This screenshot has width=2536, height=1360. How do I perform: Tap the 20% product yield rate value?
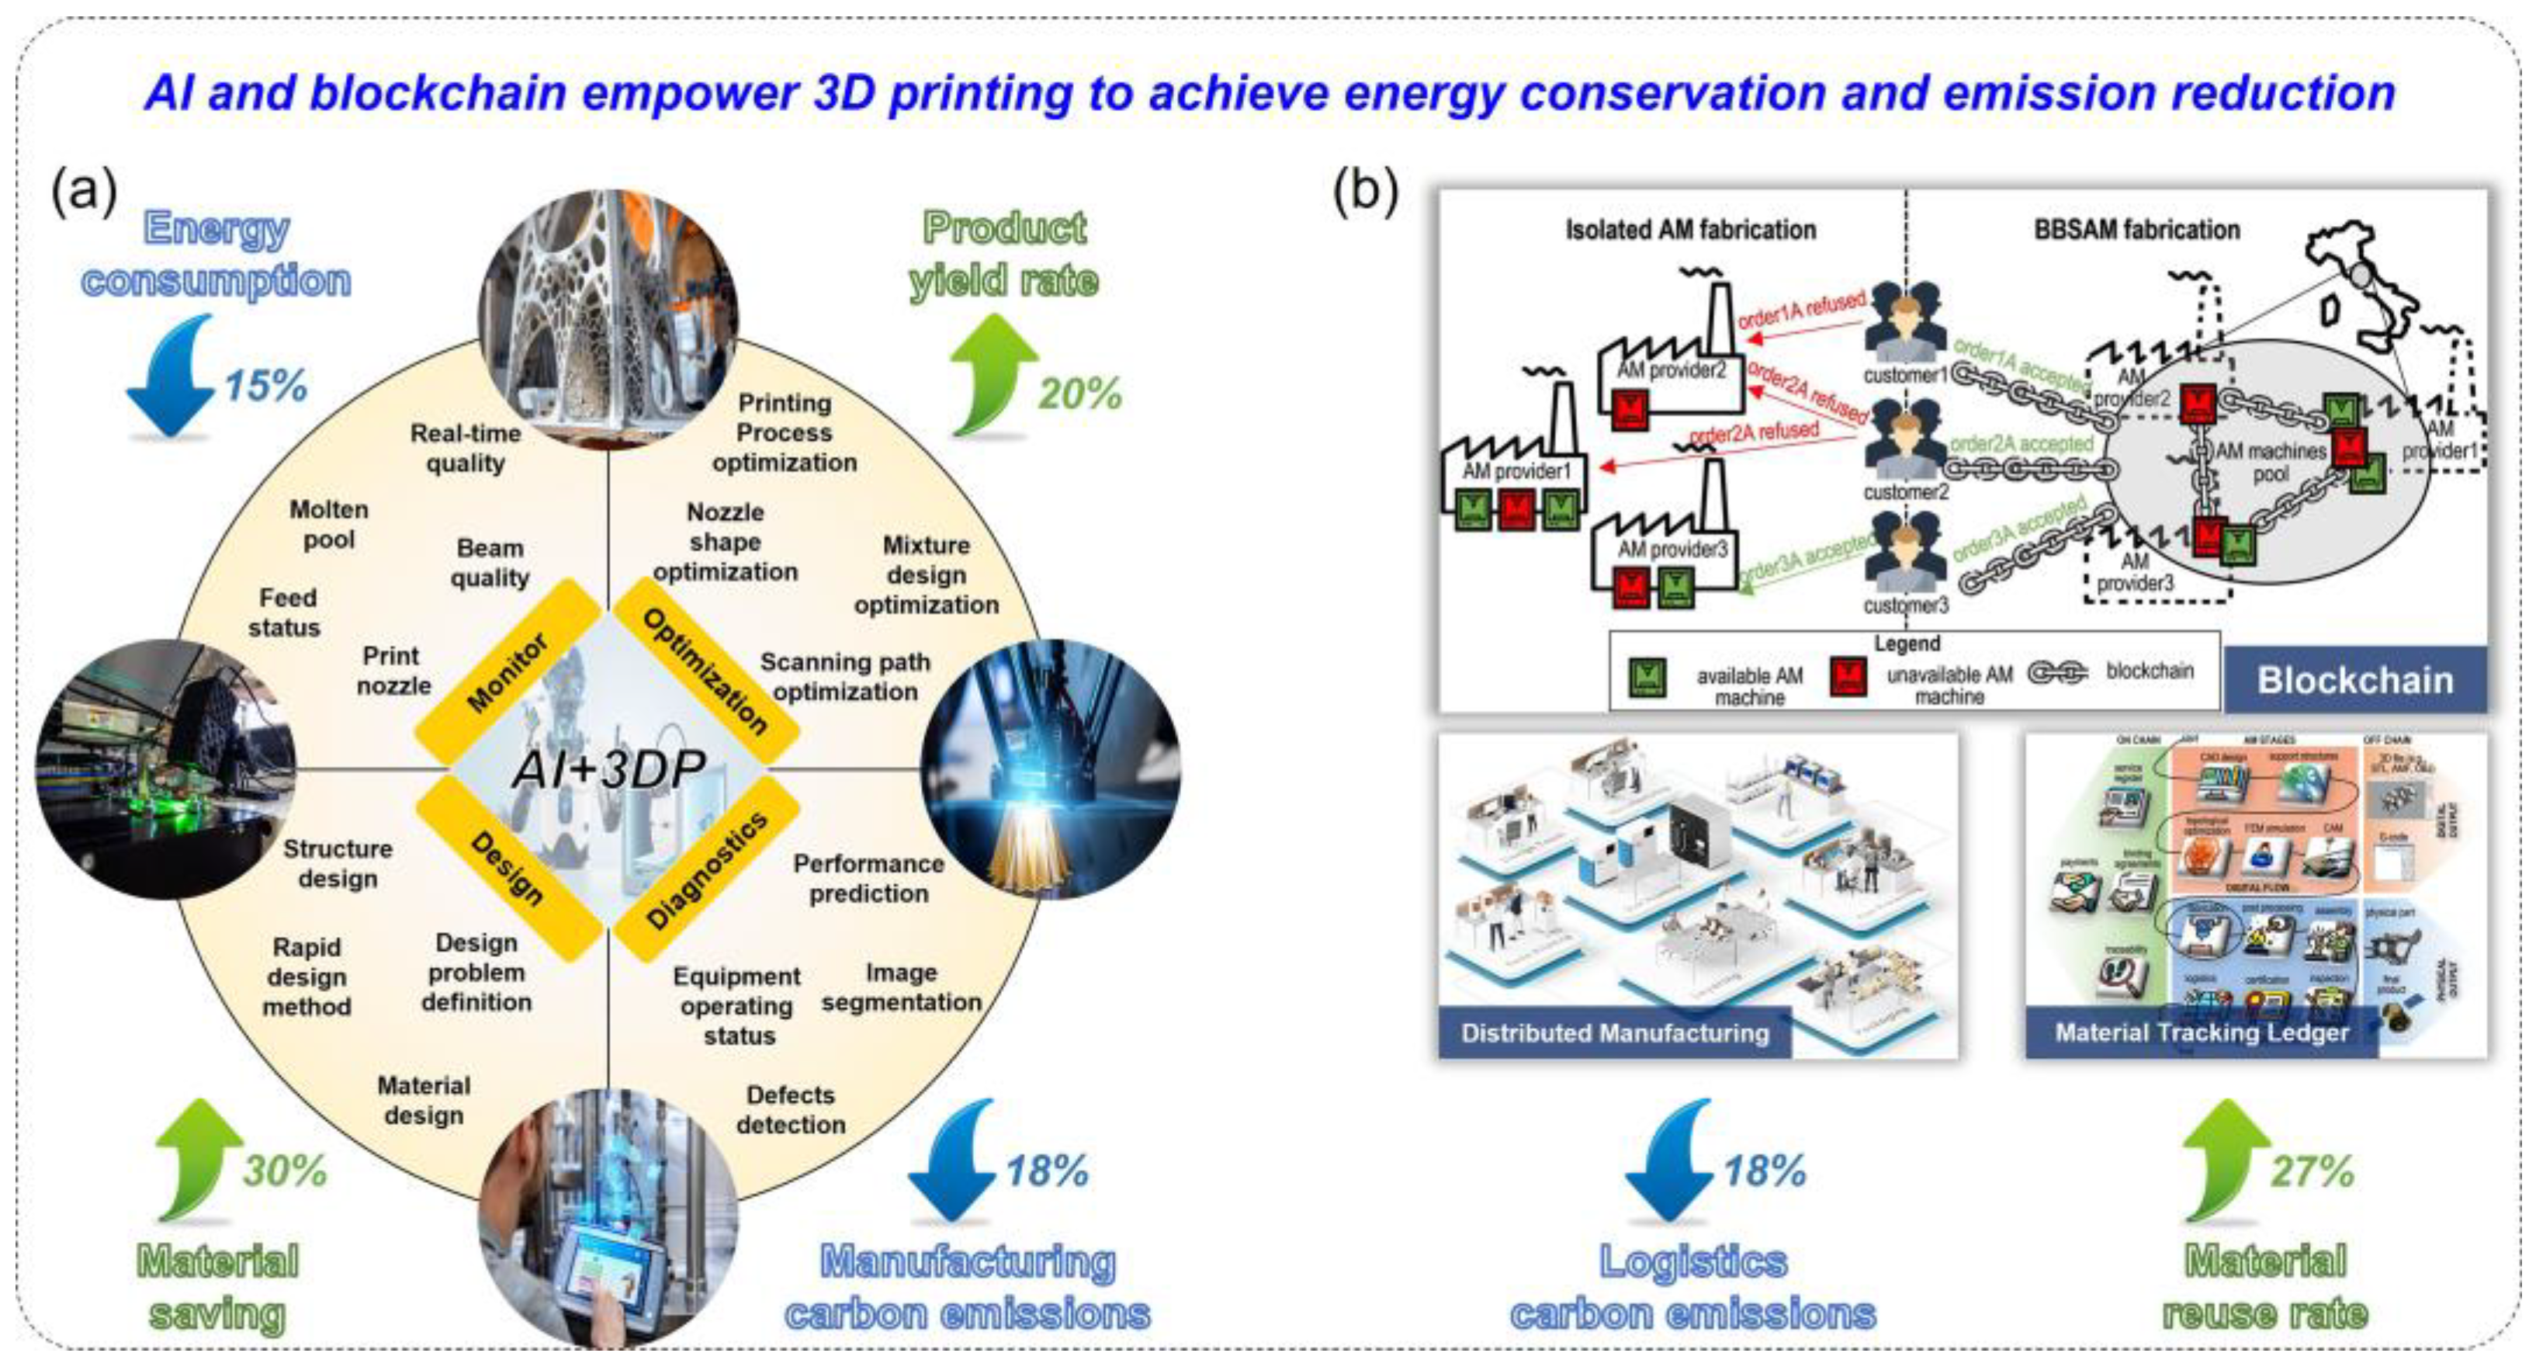[x=1080, y=394]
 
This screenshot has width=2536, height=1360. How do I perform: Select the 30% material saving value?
[x=286, y=1171]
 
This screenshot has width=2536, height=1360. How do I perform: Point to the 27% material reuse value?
[x=2312, y=1171]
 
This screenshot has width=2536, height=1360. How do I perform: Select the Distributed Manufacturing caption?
[x=1615, y=1033]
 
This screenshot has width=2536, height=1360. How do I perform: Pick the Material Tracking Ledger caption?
[x=2202, y=1033]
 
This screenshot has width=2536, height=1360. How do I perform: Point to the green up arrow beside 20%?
[x=993, y=374]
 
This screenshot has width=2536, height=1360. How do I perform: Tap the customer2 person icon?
[x=1906, y=439]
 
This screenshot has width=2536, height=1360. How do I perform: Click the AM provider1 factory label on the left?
[x=1516, y=470]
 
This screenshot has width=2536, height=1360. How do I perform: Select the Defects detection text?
[x=791, y=1110]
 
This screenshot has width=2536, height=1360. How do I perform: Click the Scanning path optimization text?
[x=844, y=677]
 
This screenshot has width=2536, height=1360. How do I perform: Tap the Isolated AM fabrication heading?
[x=1690, y=231]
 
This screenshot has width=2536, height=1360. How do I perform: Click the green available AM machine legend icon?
[x=1648, y=677]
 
